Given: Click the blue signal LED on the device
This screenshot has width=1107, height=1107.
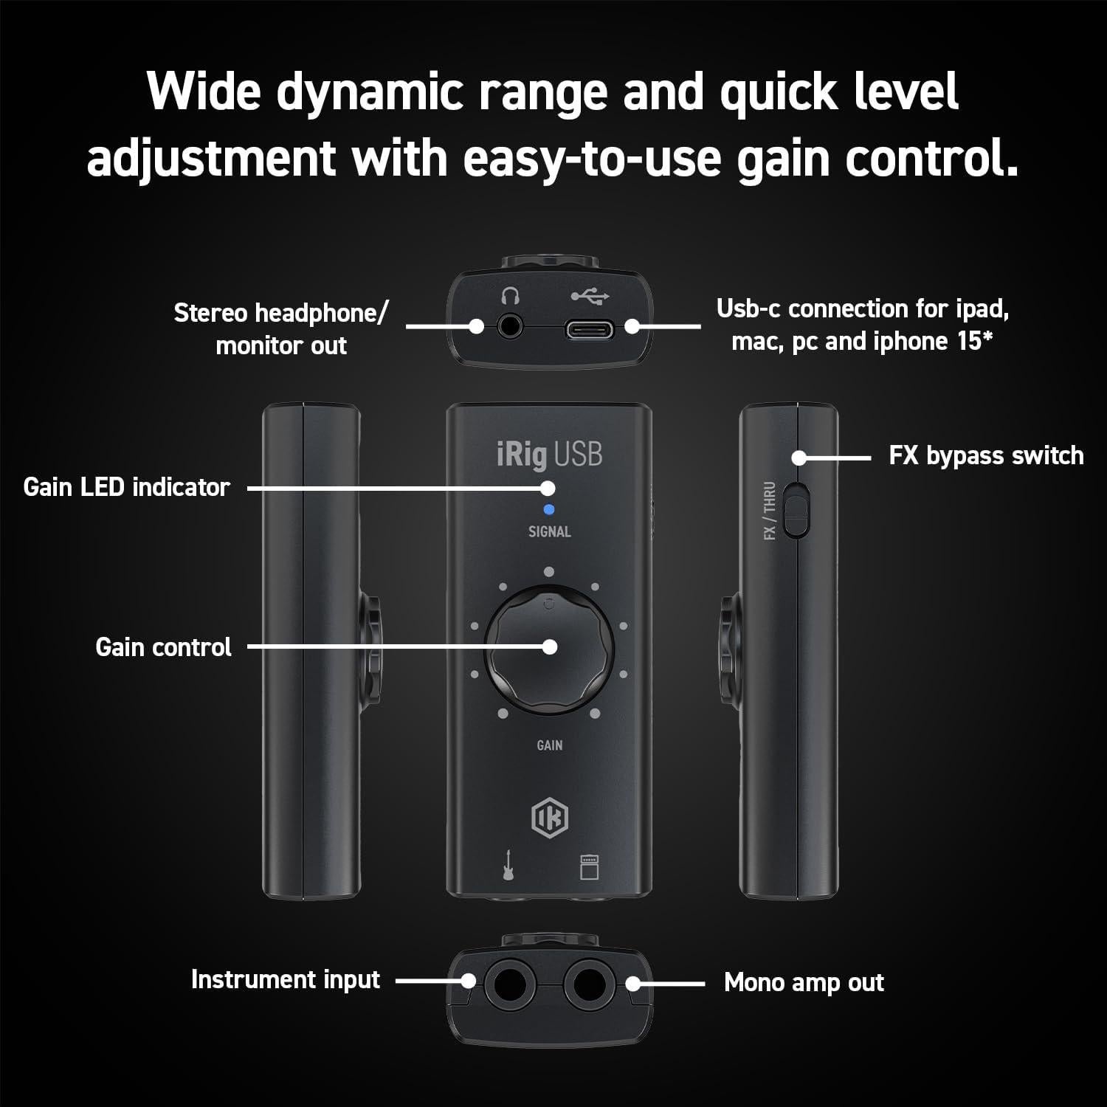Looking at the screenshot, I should (548, 509).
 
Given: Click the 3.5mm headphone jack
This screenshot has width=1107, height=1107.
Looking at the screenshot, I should (509, 325).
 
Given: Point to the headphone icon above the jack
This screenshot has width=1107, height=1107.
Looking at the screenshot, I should (510, 297).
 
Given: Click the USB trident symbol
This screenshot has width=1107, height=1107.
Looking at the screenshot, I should (590, 297).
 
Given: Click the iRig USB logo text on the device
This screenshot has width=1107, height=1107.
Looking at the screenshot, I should (549, 454).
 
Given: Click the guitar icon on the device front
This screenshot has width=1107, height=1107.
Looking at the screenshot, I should (508, 865).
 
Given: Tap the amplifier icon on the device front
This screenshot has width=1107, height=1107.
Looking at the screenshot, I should (589, 867).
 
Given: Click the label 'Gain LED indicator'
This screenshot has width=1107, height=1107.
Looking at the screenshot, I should (126, 487).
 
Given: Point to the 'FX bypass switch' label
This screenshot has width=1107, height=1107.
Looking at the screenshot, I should (986, 455).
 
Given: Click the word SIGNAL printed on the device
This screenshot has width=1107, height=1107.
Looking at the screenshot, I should (549, 531).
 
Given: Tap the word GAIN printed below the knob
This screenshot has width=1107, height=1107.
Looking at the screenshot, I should (549, 745).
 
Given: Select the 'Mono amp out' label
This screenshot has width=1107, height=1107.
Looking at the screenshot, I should (804, 982).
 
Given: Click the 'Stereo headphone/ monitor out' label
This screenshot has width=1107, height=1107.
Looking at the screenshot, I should (280, 329).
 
